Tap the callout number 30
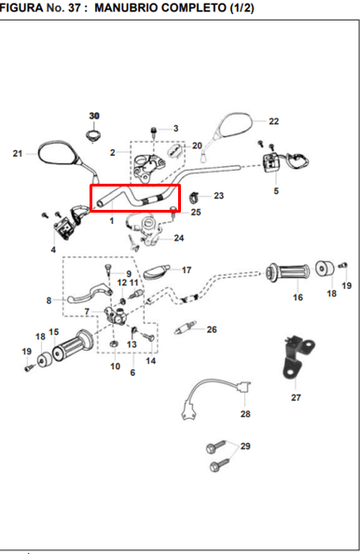pos(94,116)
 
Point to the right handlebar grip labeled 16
pos(288,272)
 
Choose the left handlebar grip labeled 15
pos(73,342)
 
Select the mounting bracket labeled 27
pos(298,358)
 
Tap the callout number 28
pos(245,414)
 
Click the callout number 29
pos(245,446)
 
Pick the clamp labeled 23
pos(194,198)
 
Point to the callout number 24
pos(179,238)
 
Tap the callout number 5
pos(276,191)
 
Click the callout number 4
pos(53,250)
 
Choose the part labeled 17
pos(157,272)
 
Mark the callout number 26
pos(212,329)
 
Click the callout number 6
pos(132,373)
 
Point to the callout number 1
pos(112,221)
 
